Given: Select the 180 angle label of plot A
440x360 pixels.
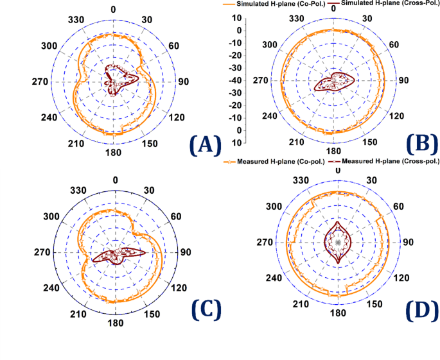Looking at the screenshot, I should coord(114,153).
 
